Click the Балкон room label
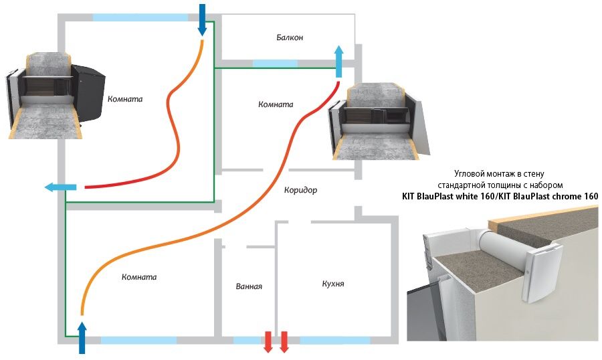pos(290,37)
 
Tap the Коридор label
pos(300,190)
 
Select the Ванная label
pos(249,286)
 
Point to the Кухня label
pos(332,284)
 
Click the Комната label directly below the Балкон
pos(276,104)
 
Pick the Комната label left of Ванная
pos(139,276)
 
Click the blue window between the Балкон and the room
pos(275,64)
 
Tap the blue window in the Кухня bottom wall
pos(334,340)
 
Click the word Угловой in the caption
pos(470,172)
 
